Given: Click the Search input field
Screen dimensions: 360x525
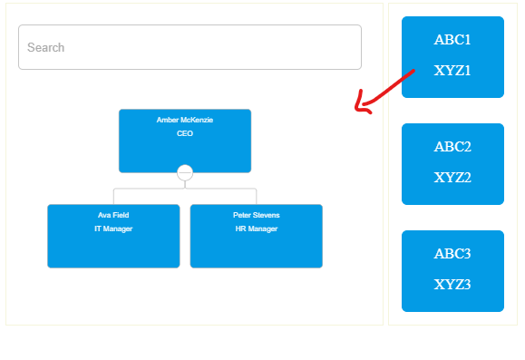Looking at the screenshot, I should [190, 47].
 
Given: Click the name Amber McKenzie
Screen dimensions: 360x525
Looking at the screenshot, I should [185, 120].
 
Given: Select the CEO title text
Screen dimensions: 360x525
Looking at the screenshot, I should [185, 133].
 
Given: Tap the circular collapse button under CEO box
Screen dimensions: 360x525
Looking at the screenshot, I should [185, 172].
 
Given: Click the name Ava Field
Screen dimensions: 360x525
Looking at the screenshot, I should [113, 215].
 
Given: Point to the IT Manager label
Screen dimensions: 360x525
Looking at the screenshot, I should [113, 229].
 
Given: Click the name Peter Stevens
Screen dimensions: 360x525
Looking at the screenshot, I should [256, 215].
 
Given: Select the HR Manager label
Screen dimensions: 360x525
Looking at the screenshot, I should [256, 229].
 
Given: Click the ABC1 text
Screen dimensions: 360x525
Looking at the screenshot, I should [452, 40].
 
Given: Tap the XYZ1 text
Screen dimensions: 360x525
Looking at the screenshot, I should [452, 71].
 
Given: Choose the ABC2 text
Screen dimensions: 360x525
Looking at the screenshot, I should [452, 147].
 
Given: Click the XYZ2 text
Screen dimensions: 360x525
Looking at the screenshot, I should [452, 178].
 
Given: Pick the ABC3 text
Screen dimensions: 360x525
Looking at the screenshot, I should [452, 254].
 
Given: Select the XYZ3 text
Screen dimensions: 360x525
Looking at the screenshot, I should [452, 285].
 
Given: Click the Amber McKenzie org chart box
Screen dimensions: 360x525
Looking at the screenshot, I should [185, 150].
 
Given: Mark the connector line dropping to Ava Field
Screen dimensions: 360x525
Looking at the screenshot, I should [113, 196].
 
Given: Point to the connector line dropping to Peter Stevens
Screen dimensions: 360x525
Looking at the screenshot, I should [257, 196].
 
